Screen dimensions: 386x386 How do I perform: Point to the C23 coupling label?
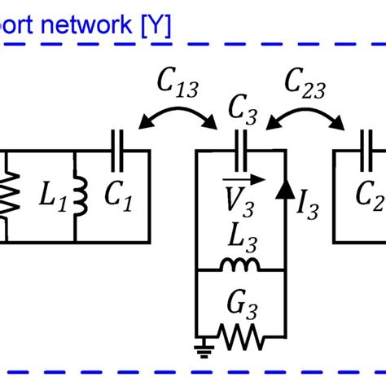pyautogui.click(x=303, y=81)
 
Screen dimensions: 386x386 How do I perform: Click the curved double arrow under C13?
pyautogui.click(x=178, y=116)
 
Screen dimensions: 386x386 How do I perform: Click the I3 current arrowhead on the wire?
pyautogui.click(x=285, y=190)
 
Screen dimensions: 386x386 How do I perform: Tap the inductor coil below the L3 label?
pyautogui.click(x=242, y=265)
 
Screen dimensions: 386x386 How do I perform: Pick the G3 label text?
pyautogui.click(x=242, y=306)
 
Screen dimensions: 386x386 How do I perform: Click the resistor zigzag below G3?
pyautogui.click(x=242, y=335)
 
